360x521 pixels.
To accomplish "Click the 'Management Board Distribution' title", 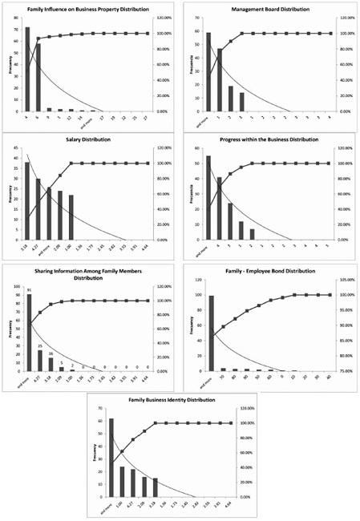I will (x=269, y=9).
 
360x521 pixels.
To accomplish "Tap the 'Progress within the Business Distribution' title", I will (x=269, y=139).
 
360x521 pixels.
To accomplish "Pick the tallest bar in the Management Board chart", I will (x=208, y=71).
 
